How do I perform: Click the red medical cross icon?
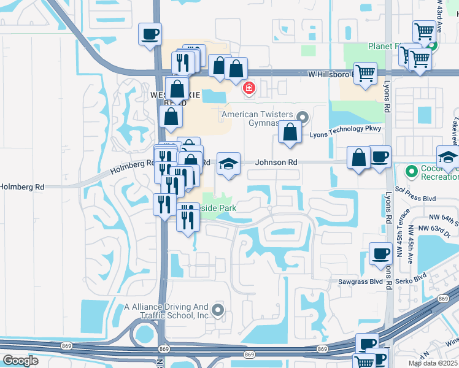click(249, 88)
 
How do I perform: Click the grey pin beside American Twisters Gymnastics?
click(302, 117)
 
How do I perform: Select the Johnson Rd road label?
click(277, 163)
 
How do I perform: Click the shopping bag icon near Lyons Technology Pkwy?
click(290, 132)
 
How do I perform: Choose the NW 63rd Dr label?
click(438, 228)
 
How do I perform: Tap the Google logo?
click(20, 361)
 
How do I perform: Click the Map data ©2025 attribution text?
click(432, 363)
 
